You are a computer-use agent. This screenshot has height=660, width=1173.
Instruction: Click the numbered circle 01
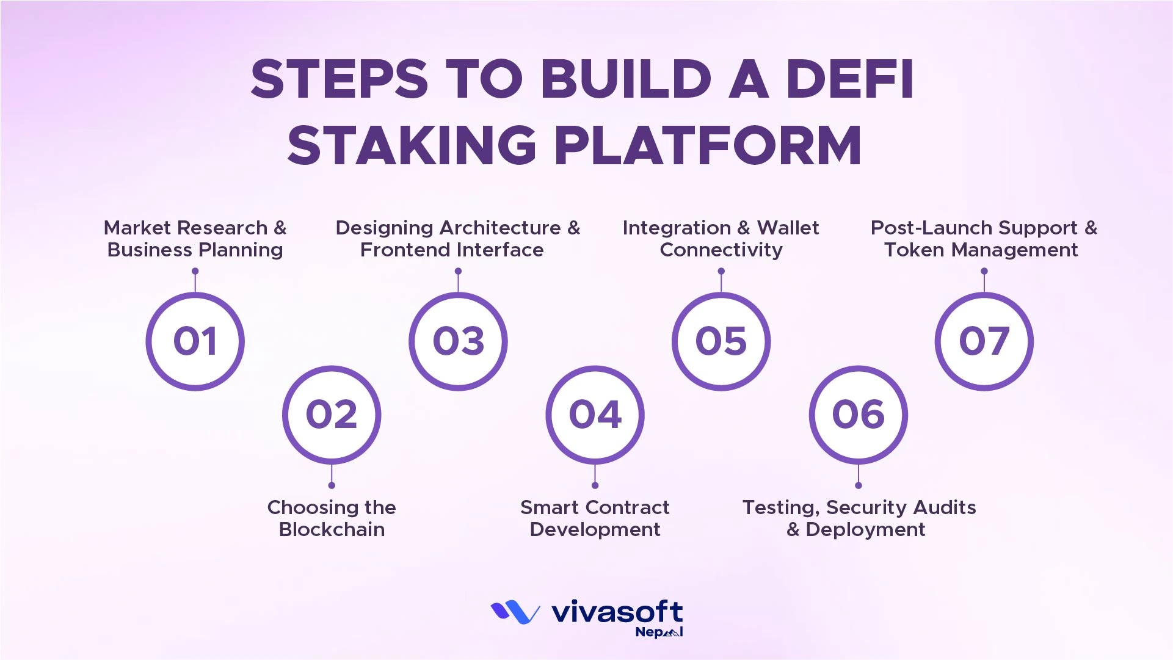tap(195, 341)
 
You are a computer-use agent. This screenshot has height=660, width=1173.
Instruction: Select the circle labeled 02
tap(332, 415)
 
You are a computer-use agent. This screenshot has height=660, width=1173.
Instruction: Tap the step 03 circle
tap(458, 341)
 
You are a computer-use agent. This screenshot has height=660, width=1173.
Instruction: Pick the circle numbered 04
tap(595, 415)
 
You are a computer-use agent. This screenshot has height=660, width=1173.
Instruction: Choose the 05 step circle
tap(721, 341)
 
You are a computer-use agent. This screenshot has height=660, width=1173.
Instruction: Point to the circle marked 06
tap(858, 415)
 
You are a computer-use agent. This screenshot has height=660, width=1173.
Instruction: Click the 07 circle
tap(984, 341)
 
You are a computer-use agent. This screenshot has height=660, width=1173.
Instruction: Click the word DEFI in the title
tap(850, 79)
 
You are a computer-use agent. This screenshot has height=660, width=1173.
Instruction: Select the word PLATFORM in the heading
tap(708, 145)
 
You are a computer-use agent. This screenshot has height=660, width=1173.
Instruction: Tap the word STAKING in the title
tap(412, 145)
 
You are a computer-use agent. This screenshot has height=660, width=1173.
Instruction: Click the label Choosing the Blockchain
tap(332, 518)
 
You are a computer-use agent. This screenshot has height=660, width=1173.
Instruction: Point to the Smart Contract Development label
tap(595, 518)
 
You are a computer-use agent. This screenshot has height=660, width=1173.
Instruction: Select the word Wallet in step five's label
tap(788, 228)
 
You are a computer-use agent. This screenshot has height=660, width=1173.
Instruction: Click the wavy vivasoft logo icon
tap(515, 612)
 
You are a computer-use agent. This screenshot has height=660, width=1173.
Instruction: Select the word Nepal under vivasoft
tap(658, 633)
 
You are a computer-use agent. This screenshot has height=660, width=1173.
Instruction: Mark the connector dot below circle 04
tap(595, 485)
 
